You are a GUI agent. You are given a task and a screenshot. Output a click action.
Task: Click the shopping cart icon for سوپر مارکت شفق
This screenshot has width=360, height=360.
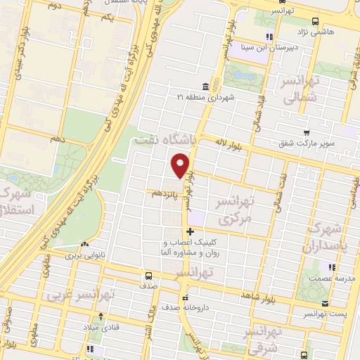click(307, 132)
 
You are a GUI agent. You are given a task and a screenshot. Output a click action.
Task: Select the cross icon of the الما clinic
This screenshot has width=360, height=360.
click(189, 231)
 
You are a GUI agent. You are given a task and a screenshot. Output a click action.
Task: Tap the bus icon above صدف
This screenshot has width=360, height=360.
click(148, 275)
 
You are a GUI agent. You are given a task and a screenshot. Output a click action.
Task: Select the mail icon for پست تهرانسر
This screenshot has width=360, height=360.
click(323, 304)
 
